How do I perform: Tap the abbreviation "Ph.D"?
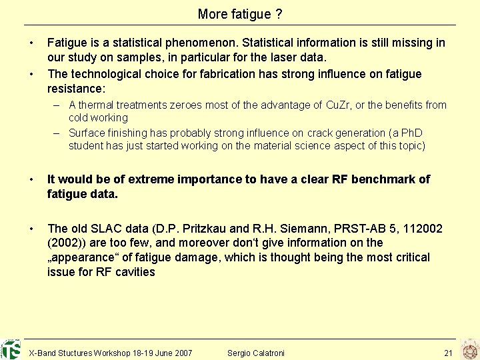(410, 133)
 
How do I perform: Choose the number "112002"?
(419, 229)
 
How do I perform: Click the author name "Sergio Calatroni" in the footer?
(255, 353)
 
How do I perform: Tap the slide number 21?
(448, 353)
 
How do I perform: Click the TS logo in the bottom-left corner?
(11, 349)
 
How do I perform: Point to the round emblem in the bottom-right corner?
(471, 349)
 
